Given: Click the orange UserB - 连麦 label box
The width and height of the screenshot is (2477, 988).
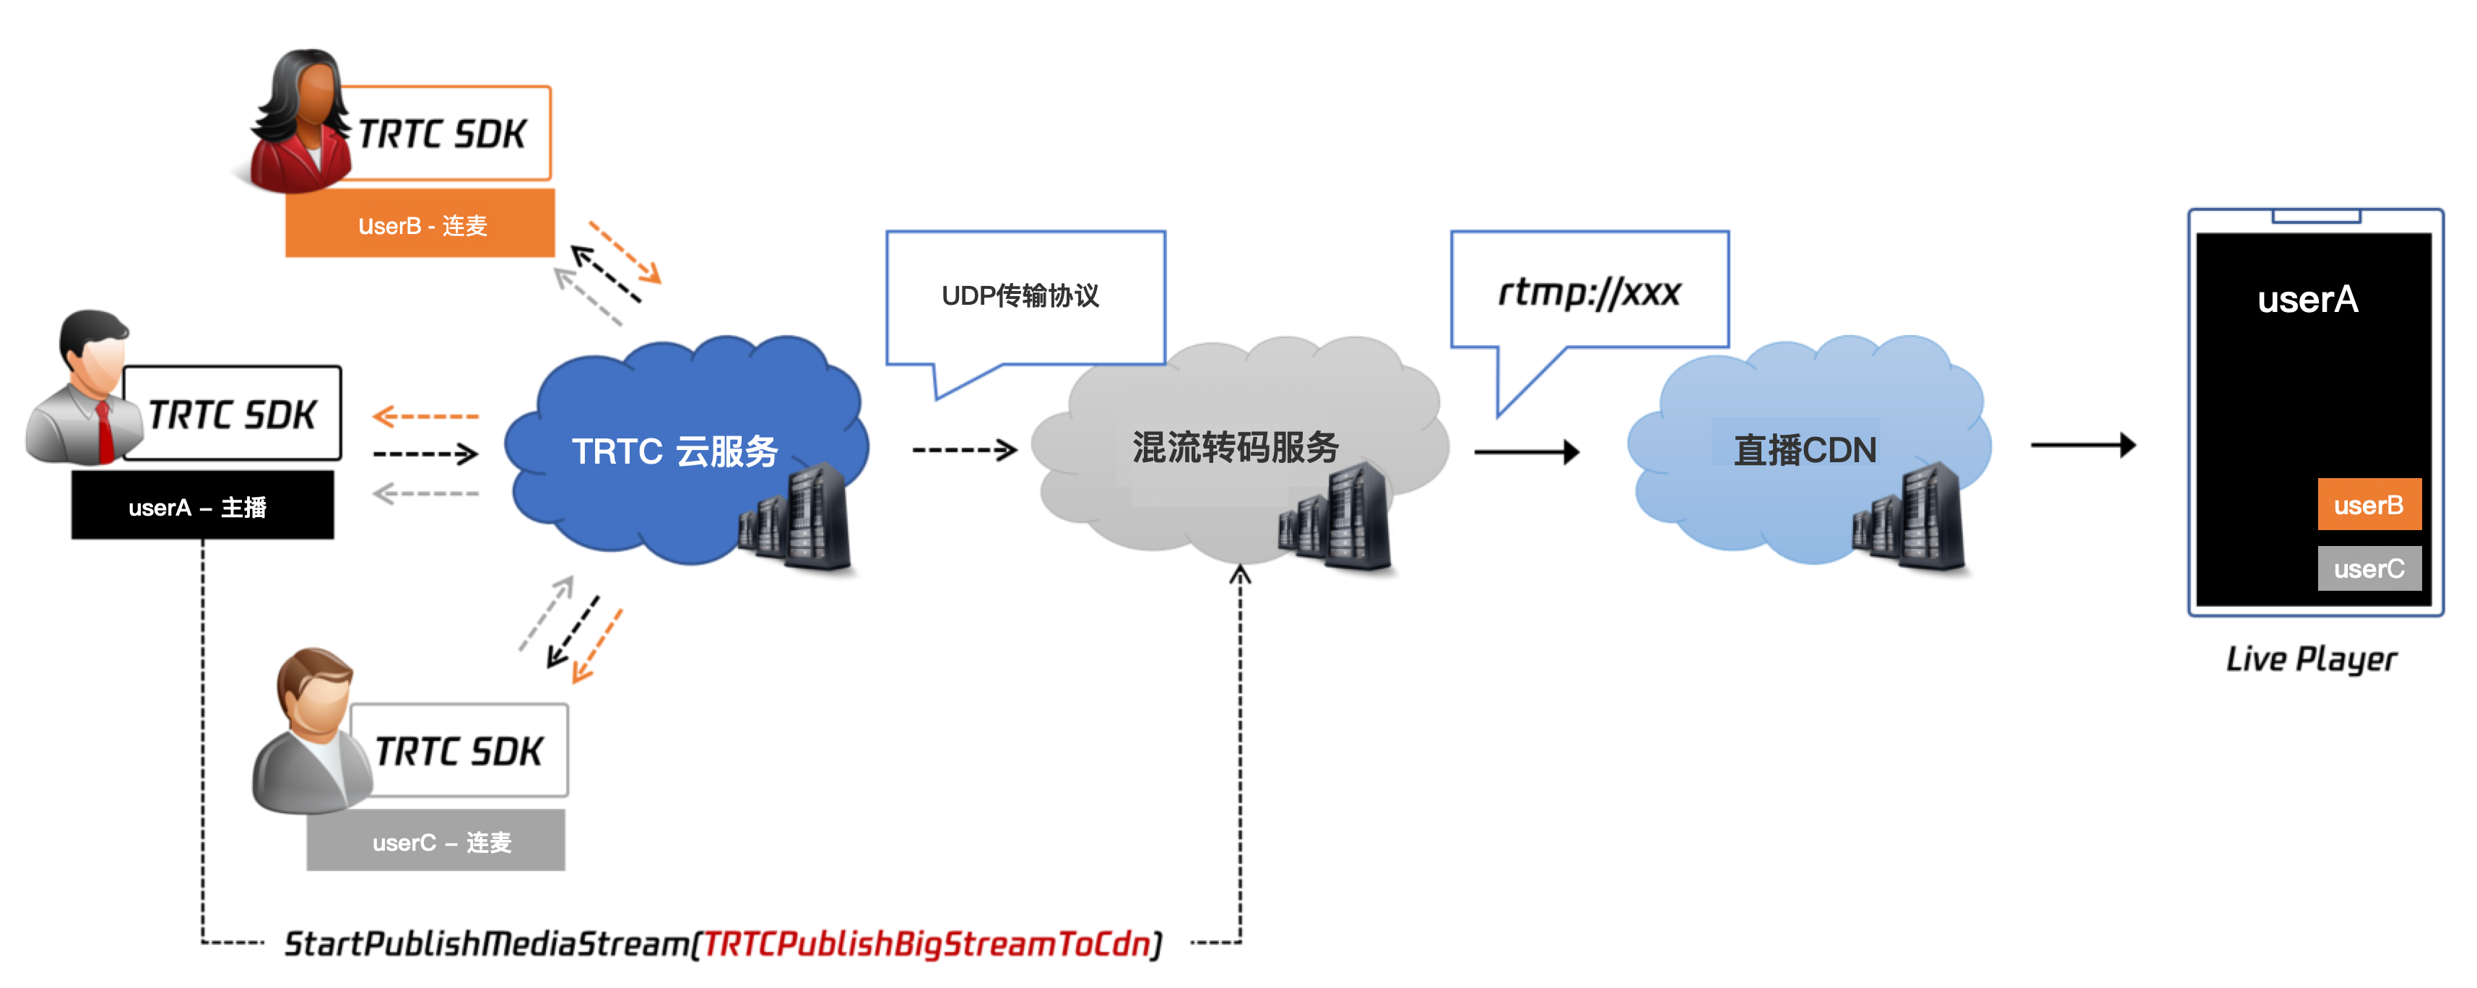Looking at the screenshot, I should (420, 224).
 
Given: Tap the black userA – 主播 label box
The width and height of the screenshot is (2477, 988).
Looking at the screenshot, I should (202, 506).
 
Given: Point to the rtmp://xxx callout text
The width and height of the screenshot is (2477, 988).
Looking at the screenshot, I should (1589, 292).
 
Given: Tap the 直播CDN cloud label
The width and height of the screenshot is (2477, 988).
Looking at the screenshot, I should (1804, 450).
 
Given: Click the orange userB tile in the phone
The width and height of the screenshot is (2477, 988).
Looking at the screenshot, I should (2369, 505).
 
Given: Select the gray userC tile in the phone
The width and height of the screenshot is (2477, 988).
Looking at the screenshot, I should (2369, 568).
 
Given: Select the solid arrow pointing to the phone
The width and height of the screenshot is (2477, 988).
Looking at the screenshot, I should (2083, 444).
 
